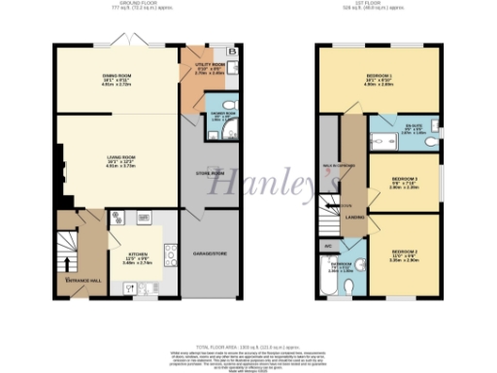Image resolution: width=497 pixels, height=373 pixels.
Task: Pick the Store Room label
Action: [198, 172]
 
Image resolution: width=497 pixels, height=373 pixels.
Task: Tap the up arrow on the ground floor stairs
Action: [66, 261]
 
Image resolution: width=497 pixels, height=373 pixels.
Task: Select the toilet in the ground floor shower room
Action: [225, 106]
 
